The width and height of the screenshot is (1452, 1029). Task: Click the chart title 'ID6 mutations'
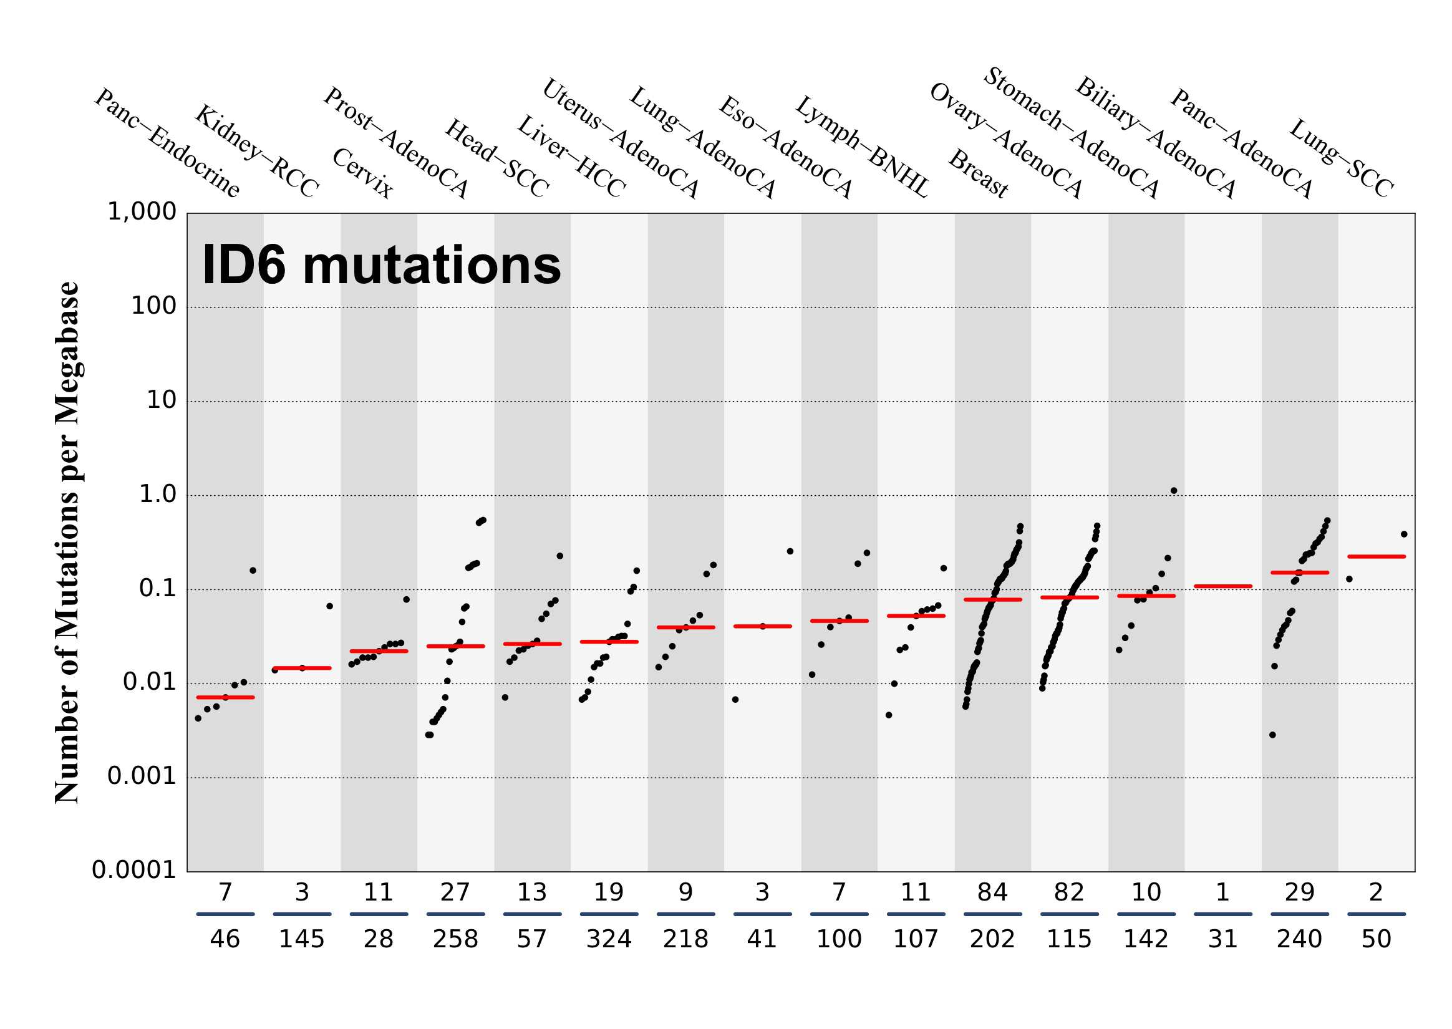pyautogui.click(x=380, y=266)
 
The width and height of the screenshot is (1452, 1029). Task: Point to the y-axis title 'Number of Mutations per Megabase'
pyautogui.click(x=67, y=543)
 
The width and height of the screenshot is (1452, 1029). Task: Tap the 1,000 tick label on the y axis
pyautogui.click(x=142, y=211)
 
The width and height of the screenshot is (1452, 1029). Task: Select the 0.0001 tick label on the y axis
pyautogui.click(x=133, y=871)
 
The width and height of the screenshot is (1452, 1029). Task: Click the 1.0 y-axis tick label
pyautogui.click(x=157, y=494)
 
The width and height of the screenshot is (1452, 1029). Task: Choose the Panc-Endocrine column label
pyautogui.click(x=167, y=143)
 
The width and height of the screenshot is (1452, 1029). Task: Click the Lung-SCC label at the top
pyautogui.click(x=1341, y=158)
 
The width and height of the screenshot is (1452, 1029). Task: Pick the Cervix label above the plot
pyautogui.click(x=362, y=173)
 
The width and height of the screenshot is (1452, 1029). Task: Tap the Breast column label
pyautogui.click(x=977, y=174)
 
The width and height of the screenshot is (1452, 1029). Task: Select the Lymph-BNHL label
pyautogui.click(x=861, y=147)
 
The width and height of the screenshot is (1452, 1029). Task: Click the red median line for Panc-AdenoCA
pyautogui.click(x=1222, y=586)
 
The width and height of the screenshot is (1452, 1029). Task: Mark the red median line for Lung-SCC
pyautogui.click(x=1376, y=556)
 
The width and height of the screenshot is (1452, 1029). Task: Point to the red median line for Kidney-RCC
pyautogui.click(x=302, y=668)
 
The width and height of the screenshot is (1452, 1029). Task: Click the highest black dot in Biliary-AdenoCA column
pyautogui.click(x=1174, y=490)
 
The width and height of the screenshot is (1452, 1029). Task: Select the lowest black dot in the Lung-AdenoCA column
pyautogui.click(x=659, y=667)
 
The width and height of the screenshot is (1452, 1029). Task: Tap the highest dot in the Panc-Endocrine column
pyautogui.click(x=253, y=570)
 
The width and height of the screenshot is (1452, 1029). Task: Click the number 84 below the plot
pyautogui.click(x=992, y=893)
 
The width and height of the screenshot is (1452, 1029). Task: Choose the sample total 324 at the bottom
pyautogui.click(x=609, y=939)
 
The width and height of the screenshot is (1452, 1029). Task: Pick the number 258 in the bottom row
pyautogui.click(x=455, y=939)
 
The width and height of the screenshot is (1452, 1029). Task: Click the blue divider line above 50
pyautogui.click(x=1376, y=914)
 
